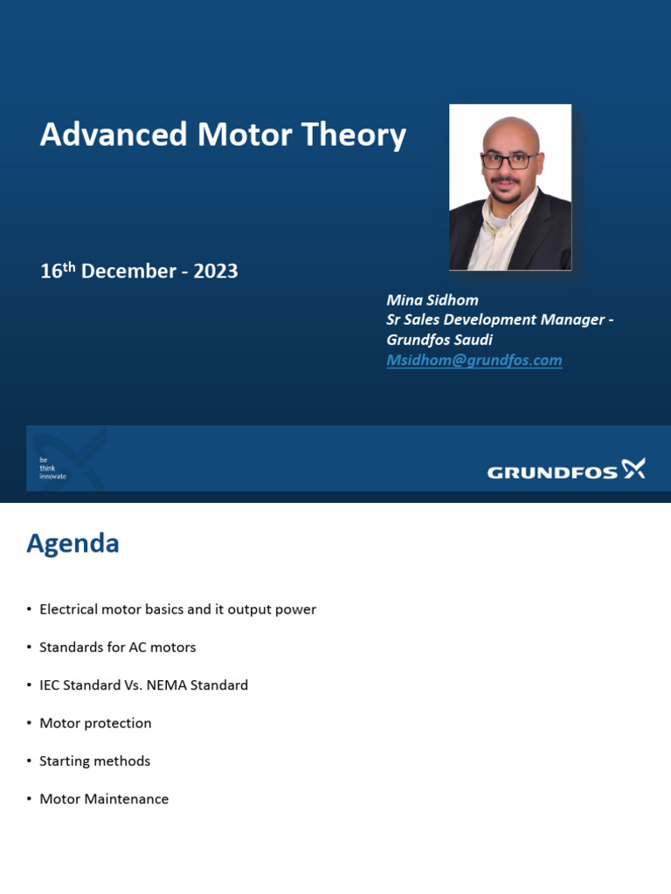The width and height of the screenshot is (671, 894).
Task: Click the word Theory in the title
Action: coord(353,134)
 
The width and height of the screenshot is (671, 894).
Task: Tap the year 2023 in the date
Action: coord(216,271)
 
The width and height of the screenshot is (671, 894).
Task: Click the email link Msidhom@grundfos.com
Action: coord(474,360)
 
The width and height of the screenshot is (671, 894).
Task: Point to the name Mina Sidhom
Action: coord(432,299)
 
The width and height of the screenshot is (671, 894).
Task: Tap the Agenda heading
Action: coord(73,543)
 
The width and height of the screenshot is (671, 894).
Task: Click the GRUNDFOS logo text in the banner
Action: coord(552,472)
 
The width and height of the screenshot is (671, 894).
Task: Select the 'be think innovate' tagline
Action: coord(52,468)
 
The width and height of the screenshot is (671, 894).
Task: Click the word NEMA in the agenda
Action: coord(171,685)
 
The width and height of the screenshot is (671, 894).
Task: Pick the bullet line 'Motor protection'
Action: coord(95,723)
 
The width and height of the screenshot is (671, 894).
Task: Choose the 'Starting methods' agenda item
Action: coord(94,761)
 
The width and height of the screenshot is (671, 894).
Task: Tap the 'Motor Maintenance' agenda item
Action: coord(104,799)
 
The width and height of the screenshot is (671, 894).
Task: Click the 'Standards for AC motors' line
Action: coord(117,647)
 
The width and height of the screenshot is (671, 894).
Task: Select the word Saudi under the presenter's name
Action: coord(471,340)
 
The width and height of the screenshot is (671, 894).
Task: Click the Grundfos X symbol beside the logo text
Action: coord(633,469)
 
